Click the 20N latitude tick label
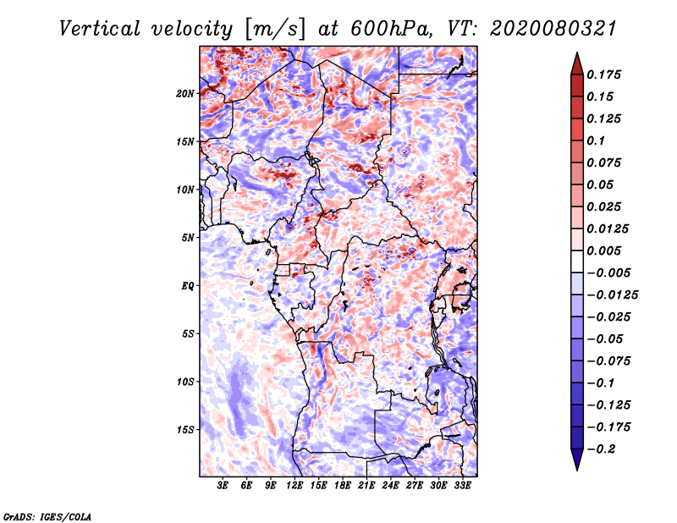pos(185,93)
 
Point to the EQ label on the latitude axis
pos(187,285)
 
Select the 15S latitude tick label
pos(185,429)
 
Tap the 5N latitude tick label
pos(187,238)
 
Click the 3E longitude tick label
pos(223,486)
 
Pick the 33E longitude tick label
pos(462,486)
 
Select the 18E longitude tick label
pos(343,486)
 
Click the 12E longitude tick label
pos(294,486)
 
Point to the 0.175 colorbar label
pos(606,74)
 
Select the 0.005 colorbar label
pos(606,250)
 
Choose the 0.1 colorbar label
pos(599,140)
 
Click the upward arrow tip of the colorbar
pos(576,55)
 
